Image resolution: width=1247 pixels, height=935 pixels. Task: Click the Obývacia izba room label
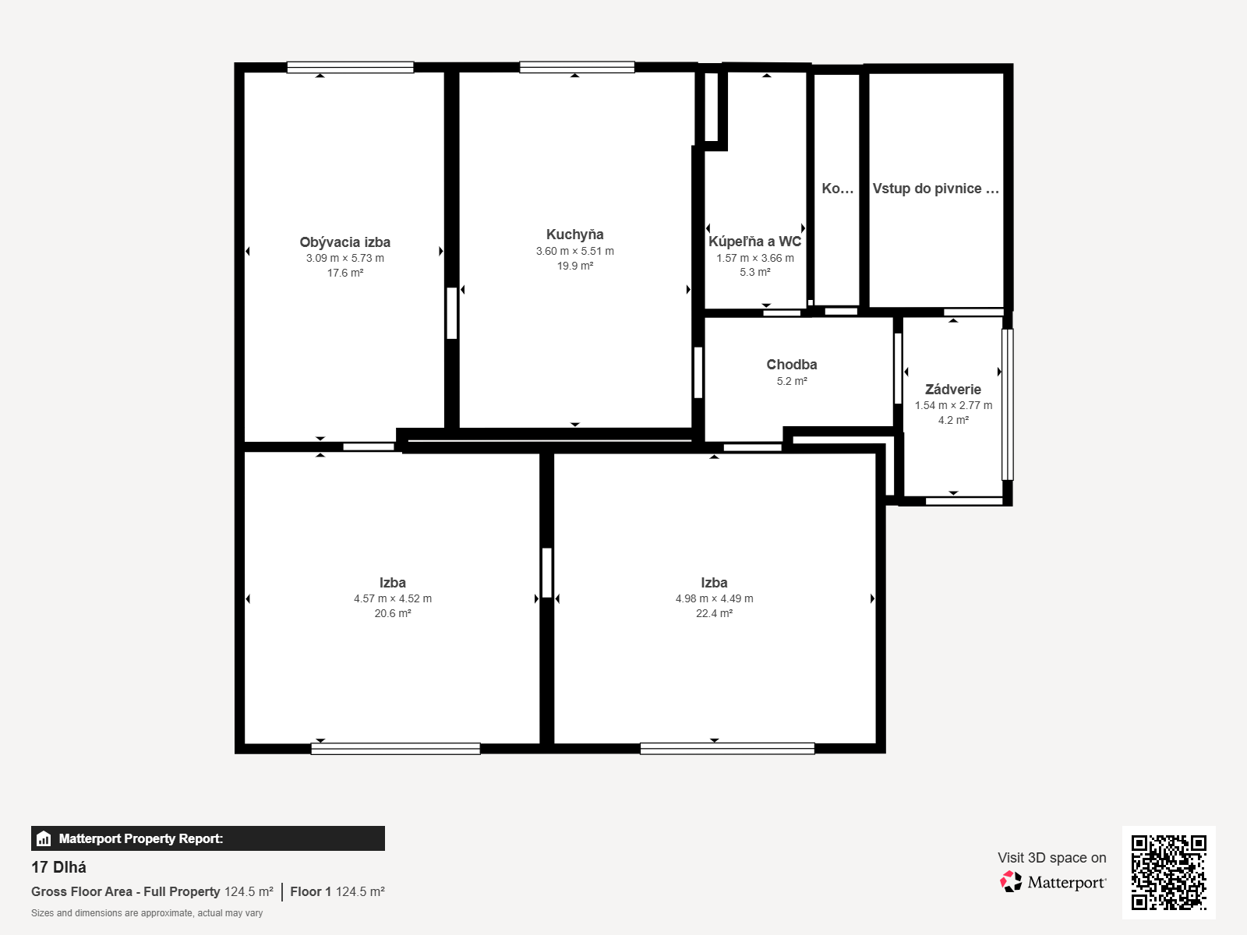344,242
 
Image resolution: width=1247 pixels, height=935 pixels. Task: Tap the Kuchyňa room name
575,235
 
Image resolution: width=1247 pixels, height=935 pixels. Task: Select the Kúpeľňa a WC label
755,242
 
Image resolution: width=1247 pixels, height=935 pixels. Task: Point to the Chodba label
791,365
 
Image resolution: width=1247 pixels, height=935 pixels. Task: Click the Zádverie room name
953,390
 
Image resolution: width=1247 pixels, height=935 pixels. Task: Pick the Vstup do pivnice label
936,189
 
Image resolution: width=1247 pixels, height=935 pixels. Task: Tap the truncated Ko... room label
837,189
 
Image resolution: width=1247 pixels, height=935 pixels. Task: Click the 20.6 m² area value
393,613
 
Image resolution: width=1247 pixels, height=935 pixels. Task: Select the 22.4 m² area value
714,613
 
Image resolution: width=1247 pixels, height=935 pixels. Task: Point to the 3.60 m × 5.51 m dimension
575,251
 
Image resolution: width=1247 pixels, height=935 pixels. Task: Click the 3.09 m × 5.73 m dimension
344,259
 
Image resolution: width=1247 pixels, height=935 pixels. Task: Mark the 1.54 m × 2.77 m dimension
953,405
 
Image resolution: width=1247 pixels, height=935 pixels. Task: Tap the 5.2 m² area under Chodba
792,381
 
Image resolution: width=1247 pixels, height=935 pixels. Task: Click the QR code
1168,873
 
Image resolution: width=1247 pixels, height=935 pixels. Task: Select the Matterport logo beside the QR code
1053,882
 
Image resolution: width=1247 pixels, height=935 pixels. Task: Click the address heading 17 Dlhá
58,867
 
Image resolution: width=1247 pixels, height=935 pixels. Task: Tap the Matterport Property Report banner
208,838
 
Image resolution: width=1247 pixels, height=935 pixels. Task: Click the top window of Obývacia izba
350,68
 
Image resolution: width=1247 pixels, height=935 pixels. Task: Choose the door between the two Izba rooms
546,572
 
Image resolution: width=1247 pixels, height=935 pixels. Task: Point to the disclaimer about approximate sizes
147,913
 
